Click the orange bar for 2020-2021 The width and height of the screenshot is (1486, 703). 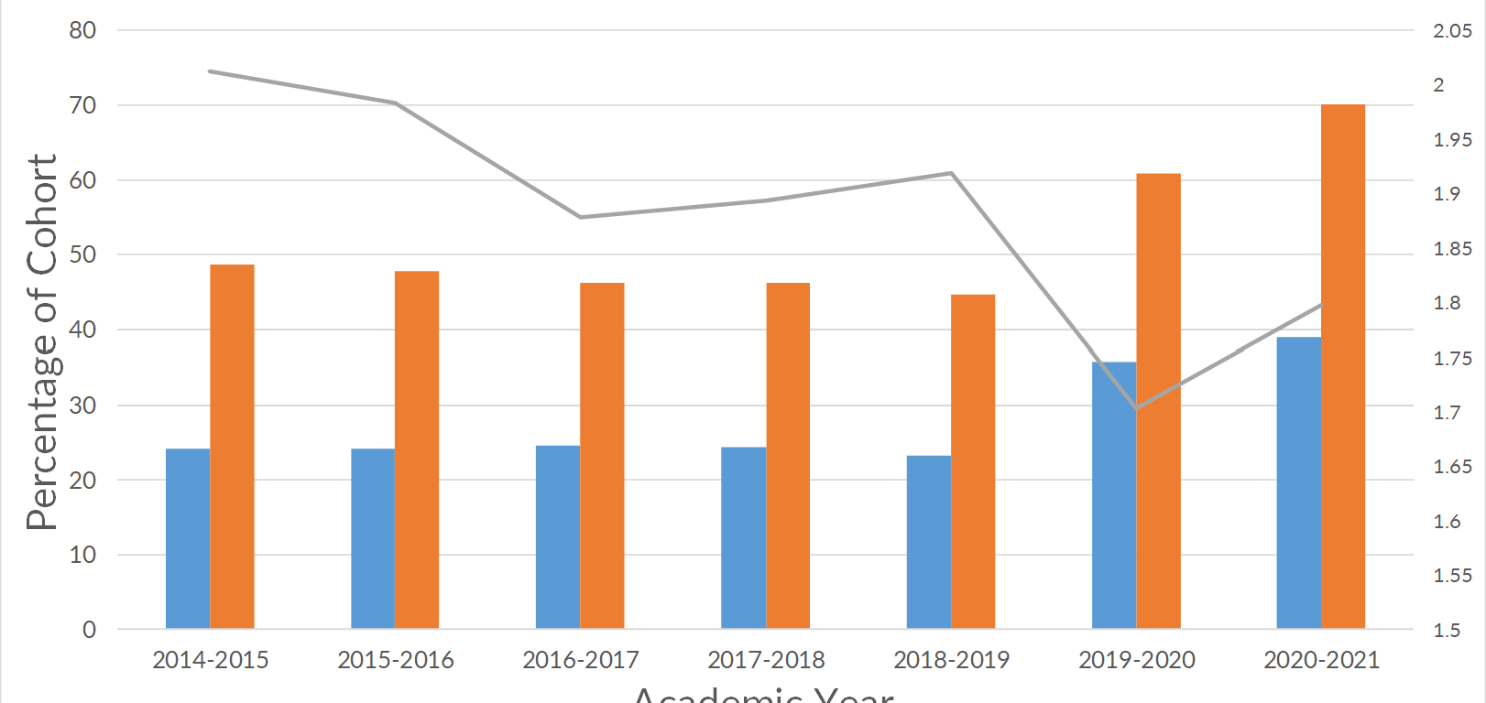pos(1343,366)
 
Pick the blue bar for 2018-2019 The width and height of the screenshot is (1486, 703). pos(929,542)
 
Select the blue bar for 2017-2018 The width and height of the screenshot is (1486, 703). pos(743,537)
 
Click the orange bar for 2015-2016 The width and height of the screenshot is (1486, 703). pos(417,449)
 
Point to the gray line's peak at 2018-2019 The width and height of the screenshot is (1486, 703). pos(952,173)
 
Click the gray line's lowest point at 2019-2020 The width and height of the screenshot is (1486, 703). pos(1136,408)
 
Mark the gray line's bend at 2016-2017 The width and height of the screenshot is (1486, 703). pos(581,217)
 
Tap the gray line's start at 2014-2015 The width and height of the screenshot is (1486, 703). pos(211,70)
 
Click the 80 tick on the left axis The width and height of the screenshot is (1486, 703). pos(82,30)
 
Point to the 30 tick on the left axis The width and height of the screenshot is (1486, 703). pos(82,405)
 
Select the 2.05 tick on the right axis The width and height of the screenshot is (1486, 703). pos(1452,31)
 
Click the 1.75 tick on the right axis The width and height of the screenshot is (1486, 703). pos(1452,359)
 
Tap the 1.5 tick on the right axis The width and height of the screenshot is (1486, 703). pos(1447,631)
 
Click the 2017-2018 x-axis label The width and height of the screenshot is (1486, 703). pos(766,660)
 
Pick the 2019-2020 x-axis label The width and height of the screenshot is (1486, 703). pos(1136,660)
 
